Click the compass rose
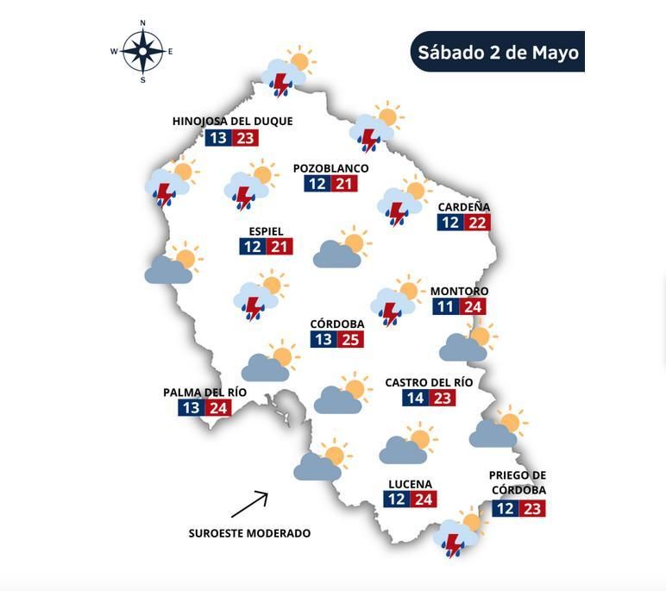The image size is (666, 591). pyautogui.click(x=142, y=51)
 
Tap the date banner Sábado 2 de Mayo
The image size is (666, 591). pyautogui.click(x=498, y=52)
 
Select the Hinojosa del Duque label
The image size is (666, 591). pyautogui.click(x=232, y=122)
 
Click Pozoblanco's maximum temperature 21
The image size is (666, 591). pyautogui.click(x=344, y=184)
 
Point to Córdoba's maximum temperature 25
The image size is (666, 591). pyautogui.click(x=350, y=339)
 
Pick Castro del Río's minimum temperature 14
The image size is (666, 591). pyautogui.click(x=415, y=398)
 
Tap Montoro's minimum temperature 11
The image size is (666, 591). pyautogui.click(x=445, y=307)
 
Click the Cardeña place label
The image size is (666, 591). pyautogui.click(x=463, y=207)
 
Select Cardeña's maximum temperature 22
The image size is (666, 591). pyautogui.click(x=477, y=223)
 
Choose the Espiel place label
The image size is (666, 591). pyautogui.click(x=266, y=231)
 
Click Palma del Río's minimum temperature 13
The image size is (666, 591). pyautogui.click(x=192, y=408)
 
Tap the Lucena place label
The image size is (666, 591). pyautogui.click(x=410, y=484)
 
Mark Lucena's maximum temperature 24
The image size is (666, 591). pyautogui.click(x=423, y=500)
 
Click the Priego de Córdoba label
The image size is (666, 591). pyautogui.click(x=518, y=482)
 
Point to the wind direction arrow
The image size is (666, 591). pyautogui.click(x=250, y=504)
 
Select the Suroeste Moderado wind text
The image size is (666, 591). pyautogui.click(x=249, y=533)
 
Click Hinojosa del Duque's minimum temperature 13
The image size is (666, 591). pyautogui.click(x=218, y=138)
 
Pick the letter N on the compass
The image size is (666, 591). pyautogui.click(x=142, y=23)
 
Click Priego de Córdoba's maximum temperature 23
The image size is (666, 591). pyautogui.click(x=532, y=509)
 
